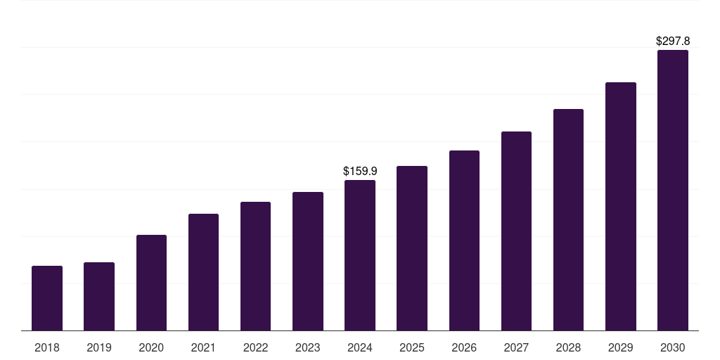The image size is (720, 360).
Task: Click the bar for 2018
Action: coord(47,298)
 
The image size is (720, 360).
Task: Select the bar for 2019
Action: coord(99,296)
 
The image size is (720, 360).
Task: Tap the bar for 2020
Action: coord(151,283)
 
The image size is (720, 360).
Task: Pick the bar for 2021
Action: coord(203,272)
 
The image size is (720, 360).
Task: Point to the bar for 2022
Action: coord(255,266)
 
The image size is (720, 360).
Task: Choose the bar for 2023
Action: coord(308,261)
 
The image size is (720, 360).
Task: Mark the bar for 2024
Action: coord(360,255)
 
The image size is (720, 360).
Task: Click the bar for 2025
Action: coord(412,248)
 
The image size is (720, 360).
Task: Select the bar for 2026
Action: coord(464,240)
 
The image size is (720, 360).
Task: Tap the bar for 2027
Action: coord(516,231)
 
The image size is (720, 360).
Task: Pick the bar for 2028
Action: coord(568,219)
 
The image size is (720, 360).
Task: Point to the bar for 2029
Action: coord(620,206)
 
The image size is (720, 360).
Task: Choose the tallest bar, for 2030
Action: coord(672,190)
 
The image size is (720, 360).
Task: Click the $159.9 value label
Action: coord(360,171)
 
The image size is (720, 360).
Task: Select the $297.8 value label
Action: coord(673,41)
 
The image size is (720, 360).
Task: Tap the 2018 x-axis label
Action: coord(47,347)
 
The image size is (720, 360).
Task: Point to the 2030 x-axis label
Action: coord(672,347)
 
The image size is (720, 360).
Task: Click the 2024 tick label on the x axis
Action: coord(360,347)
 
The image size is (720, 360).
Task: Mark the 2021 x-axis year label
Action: coord(203,347)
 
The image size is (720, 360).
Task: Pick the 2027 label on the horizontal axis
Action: coord(516,347)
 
